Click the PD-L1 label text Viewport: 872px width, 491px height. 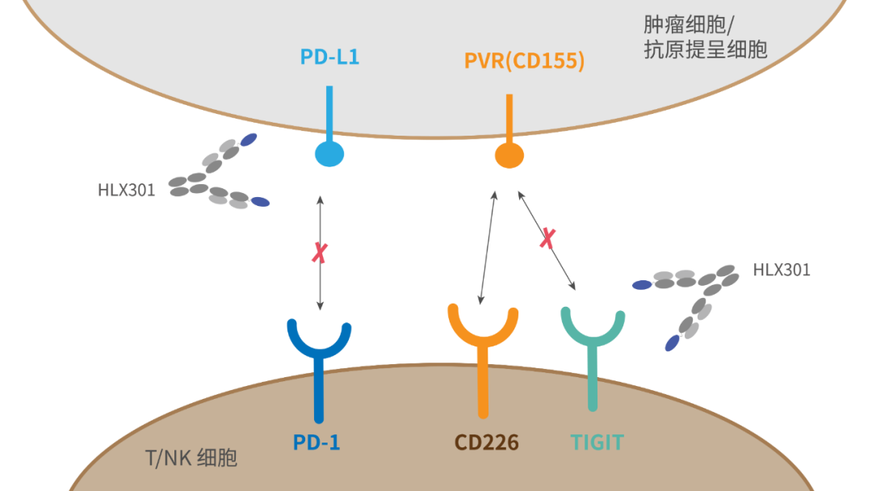(x=329, y=58)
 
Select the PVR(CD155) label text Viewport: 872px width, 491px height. (x=524, y=61)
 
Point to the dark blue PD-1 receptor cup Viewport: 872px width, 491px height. (x=320, y=340)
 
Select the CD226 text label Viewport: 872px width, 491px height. (x=486, y=443)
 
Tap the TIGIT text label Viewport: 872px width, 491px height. (x=597, y=443)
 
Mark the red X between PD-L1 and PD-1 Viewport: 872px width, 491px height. (x=320, y=253)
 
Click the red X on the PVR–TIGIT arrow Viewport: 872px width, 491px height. (x=547, y=238)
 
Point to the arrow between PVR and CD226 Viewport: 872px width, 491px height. (x=488, y=247)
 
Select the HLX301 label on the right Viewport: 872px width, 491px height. (x=781, y=270)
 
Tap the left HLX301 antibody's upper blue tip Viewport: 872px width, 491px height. (x=249, y=140)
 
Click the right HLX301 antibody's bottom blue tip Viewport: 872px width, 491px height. (x=672, y=343)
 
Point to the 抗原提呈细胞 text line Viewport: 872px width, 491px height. (x=705, y=50)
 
